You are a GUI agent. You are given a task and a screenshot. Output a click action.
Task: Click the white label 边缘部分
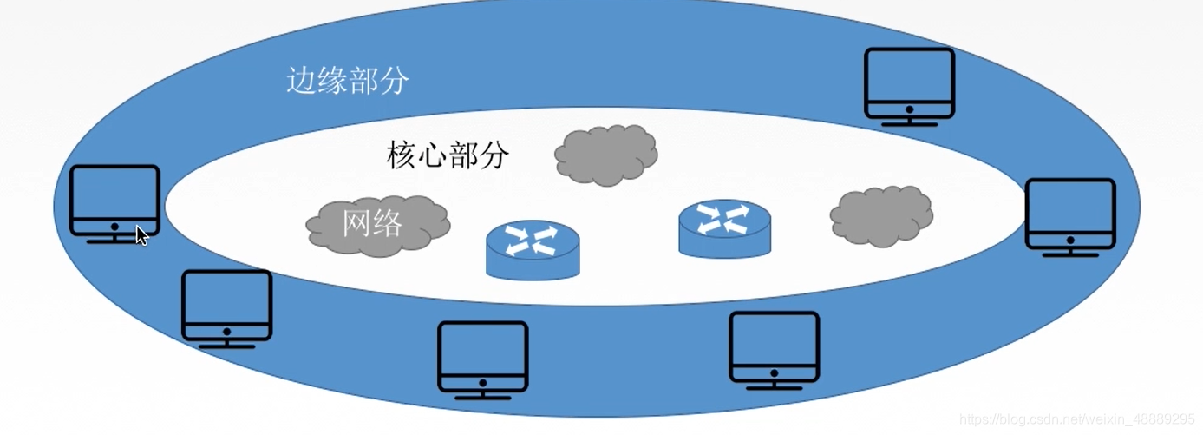[347, 82]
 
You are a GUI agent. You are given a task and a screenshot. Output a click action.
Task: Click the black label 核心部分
[448, 155]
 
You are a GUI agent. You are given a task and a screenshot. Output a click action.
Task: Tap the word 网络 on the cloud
[373, 223]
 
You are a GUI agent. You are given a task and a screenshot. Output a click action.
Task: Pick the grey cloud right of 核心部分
[605, 155]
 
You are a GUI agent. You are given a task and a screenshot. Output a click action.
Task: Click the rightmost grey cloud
[881, 215]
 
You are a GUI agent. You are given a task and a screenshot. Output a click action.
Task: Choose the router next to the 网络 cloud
[532, 249]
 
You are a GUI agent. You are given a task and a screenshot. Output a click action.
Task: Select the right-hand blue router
[724, 228]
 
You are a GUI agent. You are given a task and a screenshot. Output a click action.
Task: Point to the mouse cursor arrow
[141, 235]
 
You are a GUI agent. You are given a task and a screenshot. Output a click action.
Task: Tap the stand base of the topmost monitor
[909, 122]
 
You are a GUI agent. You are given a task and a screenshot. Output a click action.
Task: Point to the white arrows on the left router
[532, 239]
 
